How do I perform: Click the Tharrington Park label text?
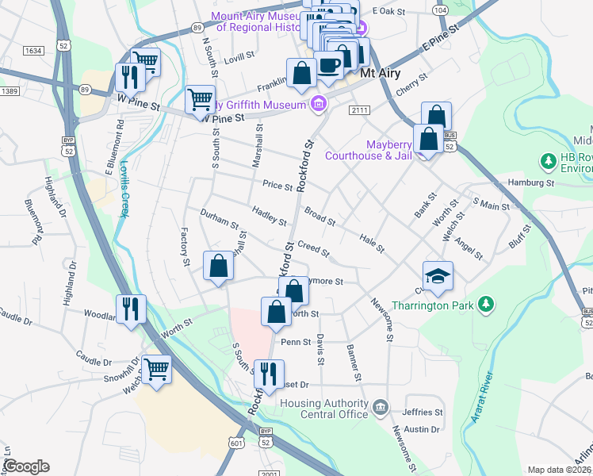427,305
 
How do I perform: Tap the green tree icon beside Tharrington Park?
488,305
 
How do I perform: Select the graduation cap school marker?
438,276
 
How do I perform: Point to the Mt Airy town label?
378,72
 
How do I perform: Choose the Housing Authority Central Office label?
324,408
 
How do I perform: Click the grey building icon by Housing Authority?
381,409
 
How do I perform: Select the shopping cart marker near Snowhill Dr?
157,369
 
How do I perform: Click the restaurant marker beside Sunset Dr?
271,373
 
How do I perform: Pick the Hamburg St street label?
531,182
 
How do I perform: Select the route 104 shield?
441,10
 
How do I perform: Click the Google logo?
26,466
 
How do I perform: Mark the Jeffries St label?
422,413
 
